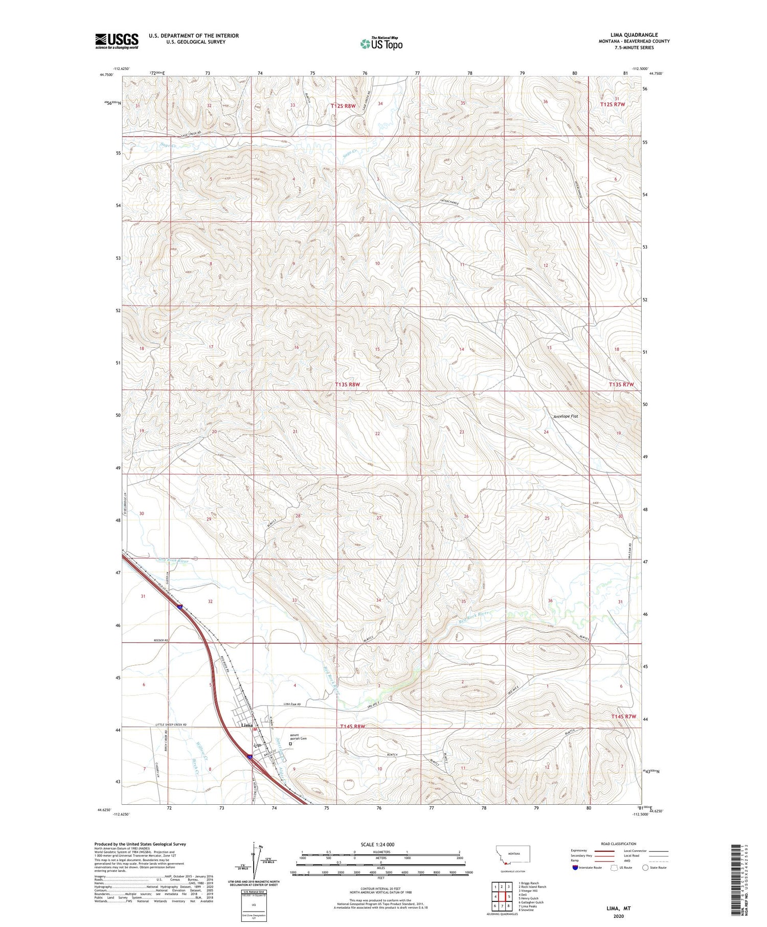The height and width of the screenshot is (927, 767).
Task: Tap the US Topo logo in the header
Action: coord(381,44)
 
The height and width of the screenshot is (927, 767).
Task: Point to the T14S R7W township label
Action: coord(623,716)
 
